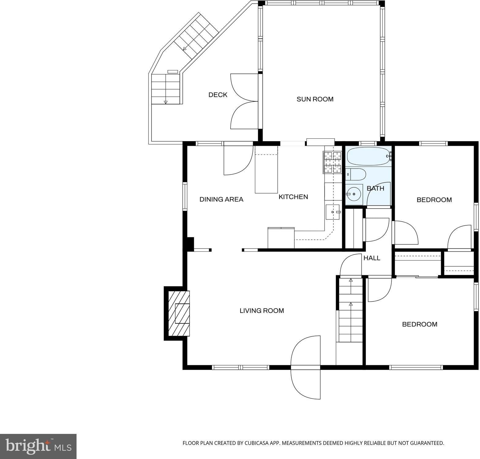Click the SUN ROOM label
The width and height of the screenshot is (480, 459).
(x=315, y=99)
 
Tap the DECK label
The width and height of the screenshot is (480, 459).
(x=218, y=95)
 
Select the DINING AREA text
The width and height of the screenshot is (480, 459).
(x=221, y=199)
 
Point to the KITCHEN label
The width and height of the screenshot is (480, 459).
(x=293, y=197)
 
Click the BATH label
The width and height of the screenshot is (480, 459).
(x=376, y=188)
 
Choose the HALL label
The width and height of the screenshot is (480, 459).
(x=372, y=258)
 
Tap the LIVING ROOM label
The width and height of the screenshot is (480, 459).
(x=262, y=311)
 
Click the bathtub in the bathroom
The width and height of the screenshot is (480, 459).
(x=369, y=157)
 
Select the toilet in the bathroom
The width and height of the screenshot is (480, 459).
(x=356, y=174)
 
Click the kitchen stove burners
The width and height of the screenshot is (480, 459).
(x=332, y=162)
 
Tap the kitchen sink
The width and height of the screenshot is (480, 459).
(x=332, y=212)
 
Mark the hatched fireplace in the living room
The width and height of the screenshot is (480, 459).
(x=179, y=313)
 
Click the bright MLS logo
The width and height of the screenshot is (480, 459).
(x=38, y=446)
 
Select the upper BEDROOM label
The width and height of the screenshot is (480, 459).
(x=434, y=200)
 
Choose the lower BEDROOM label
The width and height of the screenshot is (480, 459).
(x=420, y=324)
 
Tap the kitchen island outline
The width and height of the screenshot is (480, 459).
(x=266, y=170)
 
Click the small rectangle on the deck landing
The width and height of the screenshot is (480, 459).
(x=173, y=72)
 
